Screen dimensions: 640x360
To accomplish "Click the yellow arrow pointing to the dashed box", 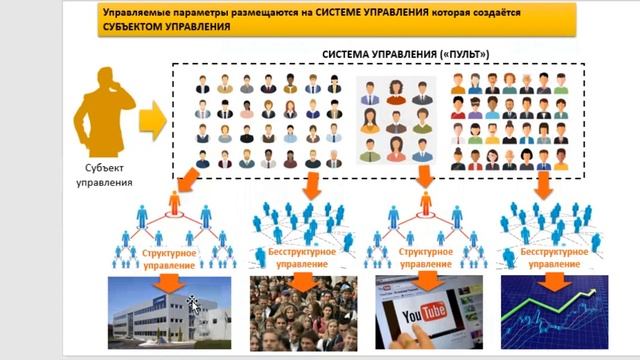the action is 151,122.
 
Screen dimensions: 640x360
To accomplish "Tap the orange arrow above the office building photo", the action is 170,283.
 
